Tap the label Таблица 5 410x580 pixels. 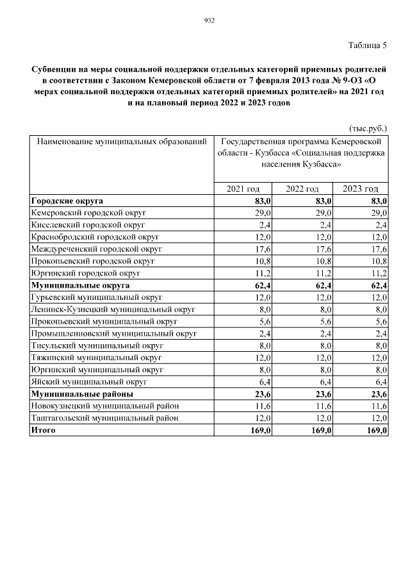click(368, 46)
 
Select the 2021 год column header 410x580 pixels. click(243, 188)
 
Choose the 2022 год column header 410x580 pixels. click(302, 188)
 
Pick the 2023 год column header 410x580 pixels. click(360, 188)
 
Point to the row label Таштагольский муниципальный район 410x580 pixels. click(104, 418)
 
